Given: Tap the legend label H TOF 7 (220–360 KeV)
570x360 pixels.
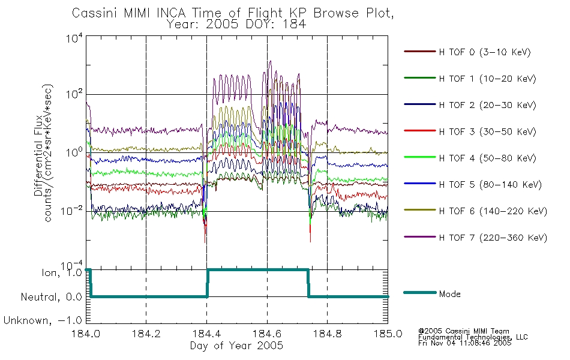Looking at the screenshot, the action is [x=493, y=238].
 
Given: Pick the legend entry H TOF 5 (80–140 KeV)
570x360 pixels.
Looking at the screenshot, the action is [x=490, y=185].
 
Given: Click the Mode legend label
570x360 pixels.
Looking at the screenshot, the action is [x=449, y=294].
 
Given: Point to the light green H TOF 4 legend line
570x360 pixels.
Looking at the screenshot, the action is [x=420, y=157].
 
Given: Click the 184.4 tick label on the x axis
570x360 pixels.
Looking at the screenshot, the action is [x=207, y=334].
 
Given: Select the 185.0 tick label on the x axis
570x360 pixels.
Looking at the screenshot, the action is [x=388, y=334].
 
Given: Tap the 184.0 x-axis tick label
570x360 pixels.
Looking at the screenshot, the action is [x=86, y=334].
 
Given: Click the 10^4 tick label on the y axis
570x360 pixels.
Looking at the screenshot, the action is [x=74, y=38].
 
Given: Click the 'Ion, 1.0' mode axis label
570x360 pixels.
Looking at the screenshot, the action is [x=62, y=273].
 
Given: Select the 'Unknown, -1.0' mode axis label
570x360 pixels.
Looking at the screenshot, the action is [x=43, y=321].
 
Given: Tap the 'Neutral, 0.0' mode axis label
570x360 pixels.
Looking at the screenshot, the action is [x=52, y=297].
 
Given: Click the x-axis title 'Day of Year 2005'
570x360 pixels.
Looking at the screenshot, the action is [x=236, y=346].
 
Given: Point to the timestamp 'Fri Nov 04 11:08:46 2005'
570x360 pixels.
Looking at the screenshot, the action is [x=464, y=343].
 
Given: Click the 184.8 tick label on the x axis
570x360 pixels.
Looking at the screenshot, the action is [x=327, y=334].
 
